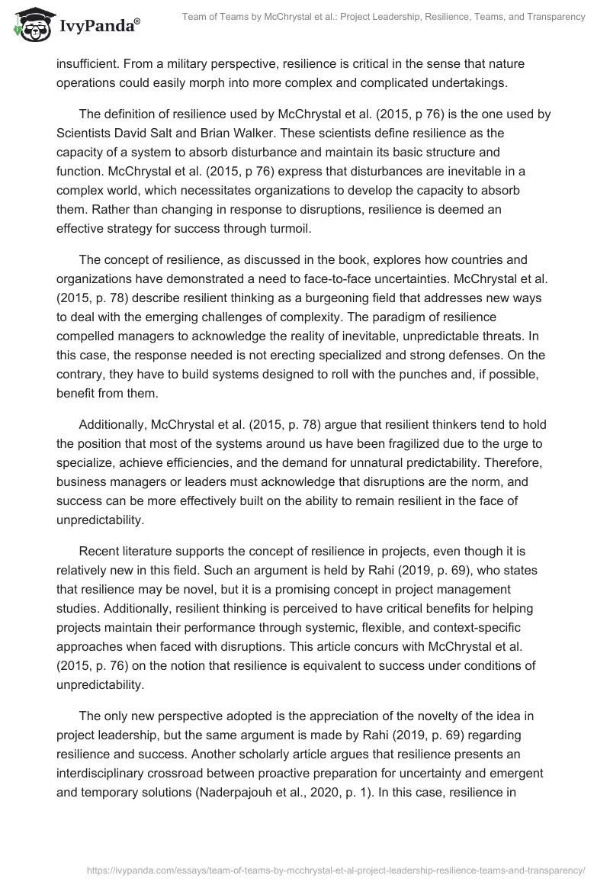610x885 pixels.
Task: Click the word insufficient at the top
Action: [87, 66]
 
